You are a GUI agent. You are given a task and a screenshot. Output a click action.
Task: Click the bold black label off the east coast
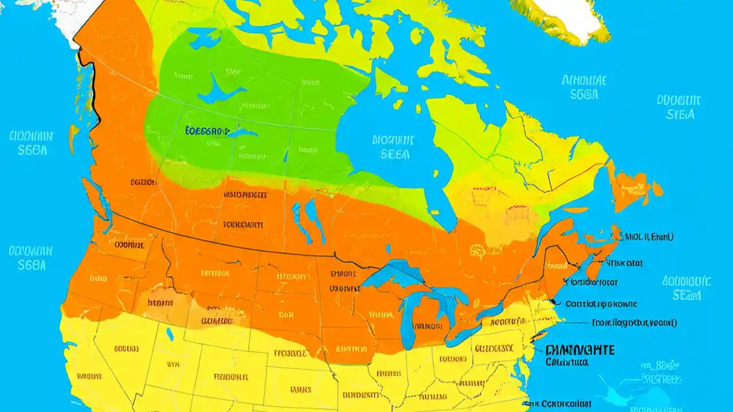pyautogui.click(x=580, y=350)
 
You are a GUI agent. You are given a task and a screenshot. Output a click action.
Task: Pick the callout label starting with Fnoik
pyautogui.click(x=633, y=323)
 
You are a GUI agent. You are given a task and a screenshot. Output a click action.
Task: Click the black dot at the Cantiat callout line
pyautogui.click(x=553, y=302)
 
